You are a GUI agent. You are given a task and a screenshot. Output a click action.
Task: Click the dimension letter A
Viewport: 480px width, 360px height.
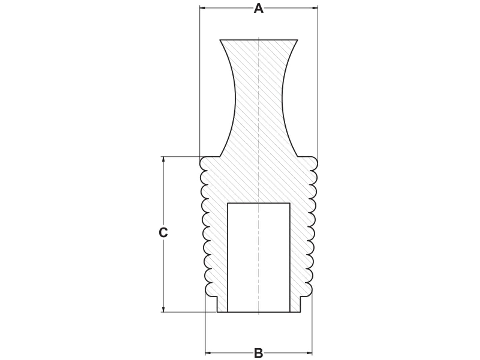click(258, 8)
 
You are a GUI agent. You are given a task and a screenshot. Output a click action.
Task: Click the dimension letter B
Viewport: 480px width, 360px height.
click(258, 353)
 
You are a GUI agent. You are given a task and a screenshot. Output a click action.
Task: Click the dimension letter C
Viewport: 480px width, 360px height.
click(163, 232)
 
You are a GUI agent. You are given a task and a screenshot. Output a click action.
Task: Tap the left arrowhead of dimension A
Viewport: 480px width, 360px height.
click(202, 8)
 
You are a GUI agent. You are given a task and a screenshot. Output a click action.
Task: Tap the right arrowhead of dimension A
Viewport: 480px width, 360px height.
click(315, 8)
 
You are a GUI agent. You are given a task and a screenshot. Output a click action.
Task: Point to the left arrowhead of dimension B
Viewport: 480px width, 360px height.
click(208, 353)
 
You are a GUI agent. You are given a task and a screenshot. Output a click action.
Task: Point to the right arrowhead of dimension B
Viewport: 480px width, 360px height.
click(309, 353)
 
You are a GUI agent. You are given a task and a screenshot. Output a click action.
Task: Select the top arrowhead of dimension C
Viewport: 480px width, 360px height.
click(163, 159)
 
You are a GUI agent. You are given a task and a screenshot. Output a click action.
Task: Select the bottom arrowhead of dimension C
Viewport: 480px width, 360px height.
click(163, 309)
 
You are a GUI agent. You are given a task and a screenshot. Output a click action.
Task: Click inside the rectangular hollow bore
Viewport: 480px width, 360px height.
click(259, 257)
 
